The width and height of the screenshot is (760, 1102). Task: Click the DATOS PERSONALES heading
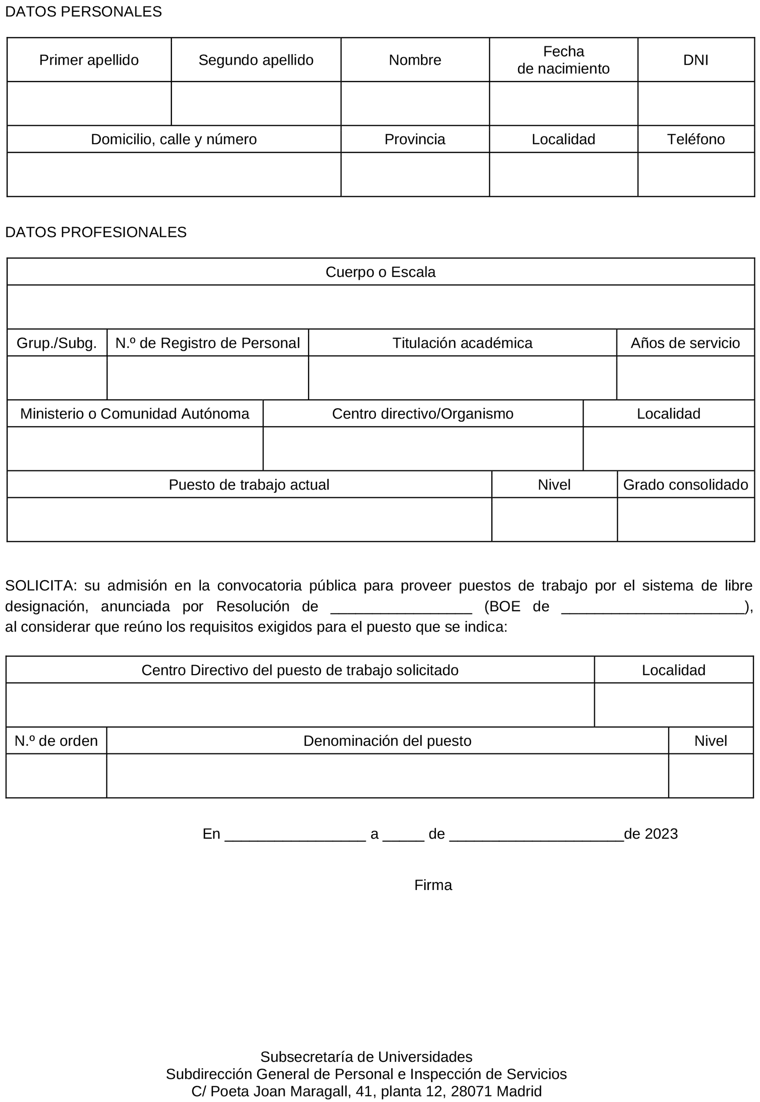tap(83, 12)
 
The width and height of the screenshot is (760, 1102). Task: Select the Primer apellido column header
tap(89, 60)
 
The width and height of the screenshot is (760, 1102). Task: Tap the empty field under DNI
tap(696, 104)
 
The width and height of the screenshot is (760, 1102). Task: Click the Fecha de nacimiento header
tap(563, 60)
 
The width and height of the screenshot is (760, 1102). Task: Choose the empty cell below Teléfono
tap(696, 174)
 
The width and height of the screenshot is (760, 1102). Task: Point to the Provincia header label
tap(415, 139)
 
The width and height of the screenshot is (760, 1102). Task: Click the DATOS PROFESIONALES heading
tap(96, 232)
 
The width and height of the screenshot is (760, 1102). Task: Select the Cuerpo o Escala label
tap(381, 272)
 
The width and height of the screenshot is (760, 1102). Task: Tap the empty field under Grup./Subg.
tap(57, 378)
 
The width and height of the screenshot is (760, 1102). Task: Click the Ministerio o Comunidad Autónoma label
tap(135, 414)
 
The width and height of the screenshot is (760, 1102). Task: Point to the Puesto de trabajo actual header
tap(249, 485)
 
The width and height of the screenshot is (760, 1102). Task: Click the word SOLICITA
tap(41, 586)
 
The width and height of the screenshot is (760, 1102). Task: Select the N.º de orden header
tap(56, 741)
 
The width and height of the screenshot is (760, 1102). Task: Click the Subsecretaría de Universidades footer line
tap(366, 1057)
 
